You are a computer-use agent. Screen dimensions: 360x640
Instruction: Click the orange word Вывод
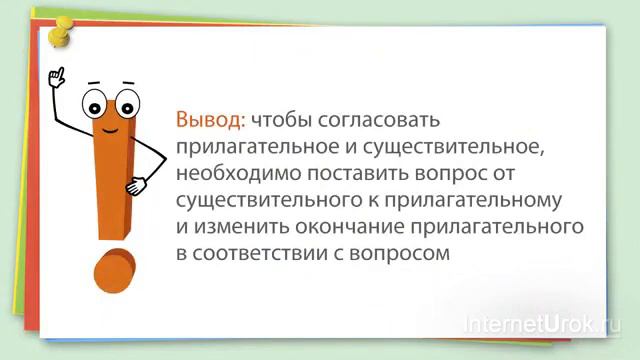click(x=209, y=120)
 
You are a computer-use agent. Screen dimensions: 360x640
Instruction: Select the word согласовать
click(x=381, y=121)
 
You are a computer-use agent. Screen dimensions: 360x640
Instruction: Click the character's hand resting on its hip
click(x=136, y=186)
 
